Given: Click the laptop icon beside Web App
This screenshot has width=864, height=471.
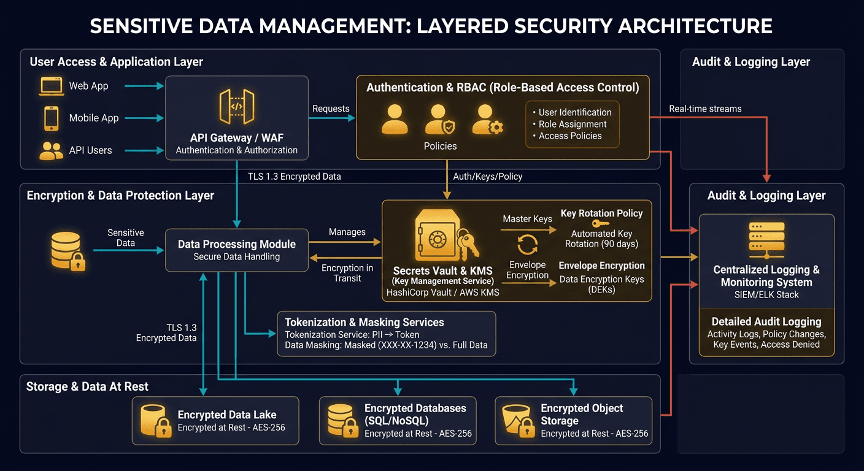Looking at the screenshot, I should click(52, 86).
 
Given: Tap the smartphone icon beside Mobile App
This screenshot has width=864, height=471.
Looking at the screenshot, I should click(51, 118).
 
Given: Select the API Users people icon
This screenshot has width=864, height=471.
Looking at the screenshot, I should click(51, 150).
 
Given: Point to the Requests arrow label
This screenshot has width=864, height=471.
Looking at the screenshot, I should click(331, 109).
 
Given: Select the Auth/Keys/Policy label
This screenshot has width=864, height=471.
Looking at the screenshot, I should click(487, 177).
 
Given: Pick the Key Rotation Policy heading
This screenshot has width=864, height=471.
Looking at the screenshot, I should click(601, 213).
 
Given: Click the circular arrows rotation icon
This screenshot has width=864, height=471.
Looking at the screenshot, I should click(528, 243).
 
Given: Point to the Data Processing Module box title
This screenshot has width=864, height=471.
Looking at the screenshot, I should click(237, 244).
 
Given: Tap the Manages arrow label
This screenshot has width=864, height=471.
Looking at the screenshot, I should click(347, 232).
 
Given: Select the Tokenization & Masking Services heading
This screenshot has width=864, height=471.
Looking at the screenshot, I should click(364, 322).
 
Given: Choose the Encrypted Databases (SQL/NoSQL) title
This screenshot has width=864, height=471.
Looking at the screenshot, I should click(415, 414).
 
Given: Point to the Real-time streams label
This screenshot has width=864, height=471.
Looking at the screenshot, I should click(705, 109).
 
